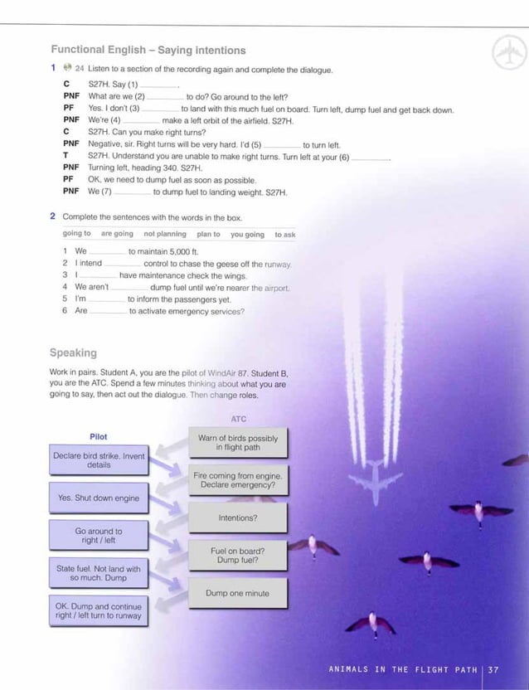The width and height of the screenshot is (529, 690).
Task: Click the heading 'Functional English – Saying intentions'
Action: point(148,51)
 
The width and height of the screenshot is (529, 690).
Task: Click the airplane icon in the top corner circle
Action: point(508,54)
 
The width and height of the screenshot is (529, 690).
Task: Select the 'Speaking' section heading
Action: point(73,352)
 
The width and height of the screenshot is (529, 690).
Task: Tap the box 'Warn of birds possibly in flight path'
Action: point(238,443)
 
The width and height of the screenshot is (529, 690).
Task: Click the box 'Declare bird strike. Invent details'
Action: point(99,460)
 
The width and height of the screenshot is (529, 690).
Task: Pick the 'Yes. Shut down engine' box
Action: point(99,498)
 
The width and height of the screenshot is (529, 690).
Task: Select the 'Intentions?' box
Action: point(238,517)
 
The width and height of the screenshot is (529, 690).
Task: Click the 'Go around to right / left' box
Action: point(99,536)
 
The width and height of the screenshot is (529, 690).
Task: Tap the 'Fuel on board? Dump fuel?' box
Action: point(238,555)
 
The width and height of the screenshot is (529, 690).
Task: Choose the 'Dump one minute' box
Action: point(238,593)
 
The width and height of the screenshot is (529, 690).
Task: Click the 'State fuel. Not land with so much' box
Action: point(99,573)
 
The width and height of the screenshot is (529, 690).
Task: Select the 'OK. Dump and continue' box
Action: point(99,611)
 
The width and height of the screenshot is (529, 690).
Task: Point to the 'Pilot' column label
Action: point(98,436)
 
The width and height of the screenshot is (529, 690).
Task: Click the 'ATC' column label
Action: point(238,419)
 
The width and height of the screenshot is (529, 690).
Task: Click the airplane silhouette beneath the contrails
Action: point(374,482)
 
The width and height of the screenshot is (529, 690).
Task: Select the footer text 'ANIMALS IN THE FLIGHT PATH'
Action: point(402,669)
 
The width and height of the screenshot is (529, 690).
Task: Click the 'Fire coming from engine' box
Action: point(238,480)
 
